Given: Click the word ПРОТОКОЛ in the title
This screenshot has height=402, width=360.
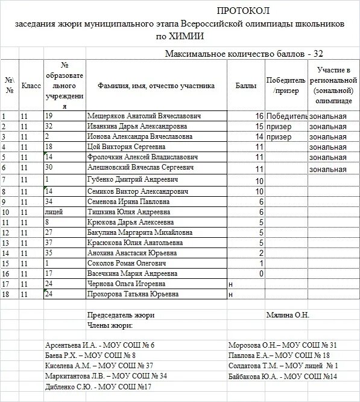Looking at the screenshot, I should pyautogui.click(x=243, y=11).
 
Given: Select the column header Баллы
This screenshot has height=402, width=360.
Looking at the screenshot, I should pyautogui.click(x=242, y=86).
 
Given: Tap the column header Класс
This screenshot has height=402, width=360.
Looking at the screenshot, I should pyautogui.click(x=31, y=86).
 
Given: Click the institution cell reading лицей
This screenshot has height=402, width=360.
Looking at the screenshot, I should pyautogui.click(x=54, y=212).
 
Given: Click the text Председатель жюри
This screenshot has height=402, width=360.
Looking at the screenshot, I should pyautogui.click(x=121, y=315).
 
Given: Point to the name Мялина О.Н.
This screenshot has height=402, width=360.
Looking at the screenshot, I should pyautogui.click(x=287, y=315).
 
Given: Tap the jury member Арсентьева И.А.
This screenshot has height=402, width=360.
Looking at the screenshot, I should pyautogui.click(x=69, y=345).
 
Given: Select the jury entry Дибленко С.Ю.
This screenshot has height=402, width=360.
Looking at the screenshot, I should pyautogui.click(x=66, y=387).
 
